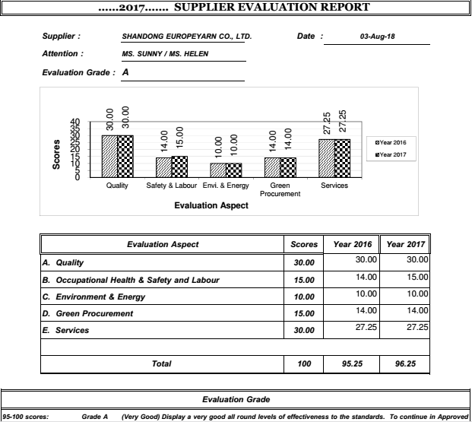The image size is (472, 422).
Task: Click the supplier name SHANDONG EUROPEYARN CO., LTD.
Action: point(186,36)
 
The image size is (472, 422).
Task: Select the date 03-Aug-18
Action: point(377,36)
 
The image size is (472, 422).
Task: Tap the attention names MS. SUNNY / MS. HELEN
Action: point(165,54)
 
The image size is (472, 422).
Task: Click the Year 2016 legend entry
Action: point(391,142)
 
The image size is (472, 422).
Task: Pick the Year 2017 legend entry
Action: point(391,155)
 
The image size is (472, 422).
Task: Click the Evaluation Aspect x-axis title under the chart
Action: point(211,205)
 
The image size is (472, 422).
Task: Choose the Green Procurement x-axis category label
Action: point(280,189)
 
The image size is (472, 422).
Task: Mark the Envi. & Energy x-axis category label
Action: point(226,186)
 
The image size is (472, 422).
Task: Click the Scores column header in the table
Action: point(304,245)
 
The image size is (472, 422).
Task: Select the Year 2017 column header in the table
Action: point(405,245)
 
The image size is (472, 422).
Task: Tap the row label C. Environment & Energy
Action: point(93,297)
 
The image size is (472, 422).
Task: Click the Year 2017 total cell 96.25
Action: point(405,364)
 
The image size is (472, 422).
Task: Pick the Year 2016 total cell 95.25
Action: point(352,364)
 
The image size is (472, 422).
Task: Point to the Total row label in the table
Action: point(161,364)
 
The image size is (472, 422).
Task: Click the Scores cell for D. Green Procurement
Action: point(304,314)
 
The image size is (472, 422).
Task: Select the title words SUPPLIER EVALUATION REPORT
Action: point(272,8)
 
